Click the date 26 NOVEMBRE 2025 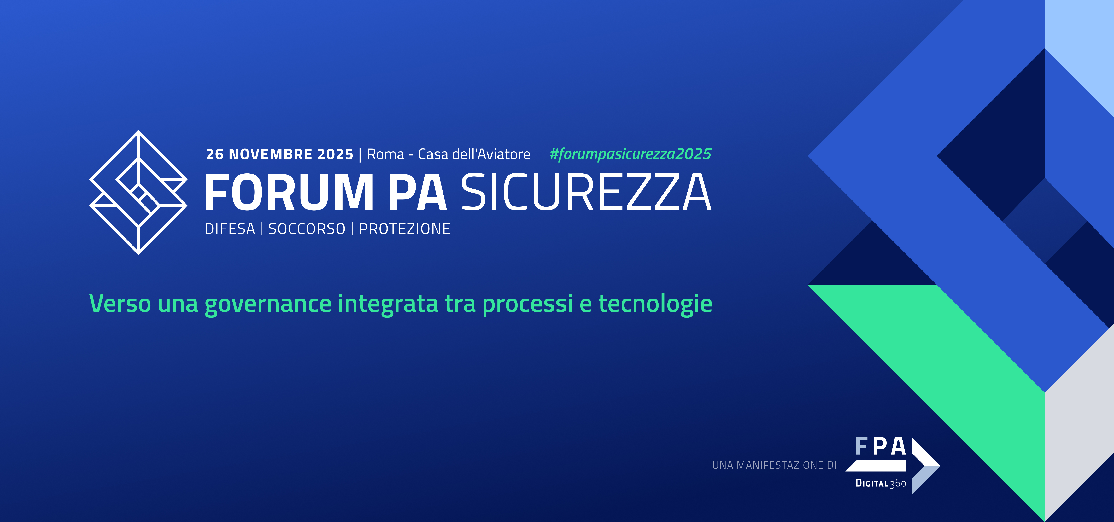[x=279, y=154]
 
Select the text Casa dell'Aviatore [x=474, y=154]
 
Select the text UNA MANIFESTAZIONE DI [x=774, y=465]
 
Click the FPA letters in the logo [x=881, y=446]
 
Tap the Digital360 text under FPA [x=881, y=483]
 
